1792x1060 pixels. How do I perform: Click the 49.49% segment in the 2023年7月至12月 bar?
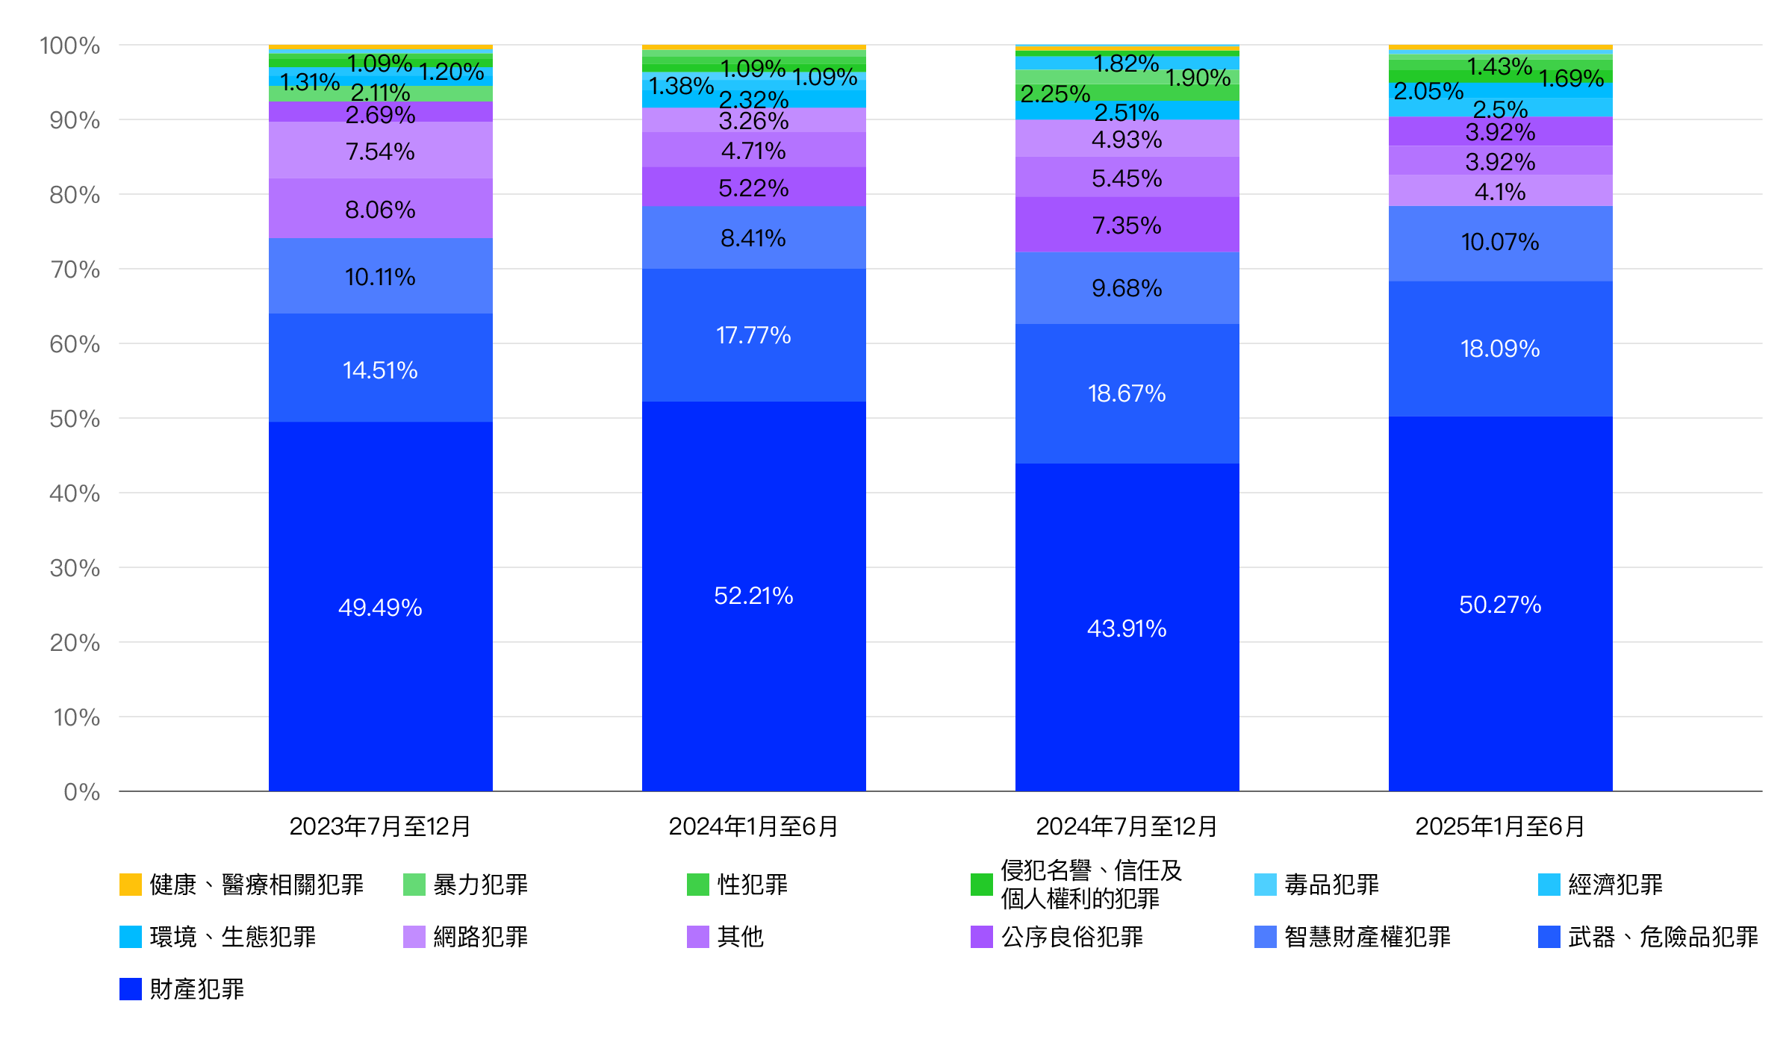(x=380, y=606)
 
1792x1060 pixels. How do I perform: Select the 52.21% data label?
(x=753, y=596)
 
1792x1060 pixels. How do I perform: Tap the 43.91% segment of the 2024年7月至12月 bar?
(x=1127, y=628)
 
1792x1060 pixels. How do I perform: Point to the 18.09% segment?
(x=1500, y=349)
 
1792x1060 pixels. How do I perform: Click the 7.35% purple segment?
(x=1127, y=225)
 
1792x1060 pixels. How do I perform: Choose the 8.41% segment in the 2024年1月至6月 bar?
(x=753, y=238)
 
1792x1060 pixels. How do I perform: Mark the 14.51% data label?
(x=380, y=370)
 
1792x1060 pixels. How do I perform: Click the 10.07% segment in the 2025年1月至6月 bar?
(x=1500, y=242)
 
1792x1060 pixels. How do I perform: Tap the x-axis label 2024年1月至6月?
(x=753, y=826)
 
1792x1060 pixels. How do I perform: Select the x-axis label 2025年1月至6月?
(x=1500, y=826)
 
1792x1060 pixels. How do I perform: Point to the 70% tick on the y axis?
(x=75, y=269)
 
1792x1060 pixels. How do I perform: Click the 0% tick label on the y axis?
(x=81, y=792)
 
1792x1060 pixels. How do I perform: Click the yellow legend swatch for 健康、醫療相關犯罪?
(x=131, y=885)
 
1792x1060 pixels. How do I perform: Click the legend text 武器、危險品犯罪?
(x=1663, y=937)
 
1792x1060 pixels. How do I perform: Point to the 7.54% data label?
(x=380, y=152)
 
